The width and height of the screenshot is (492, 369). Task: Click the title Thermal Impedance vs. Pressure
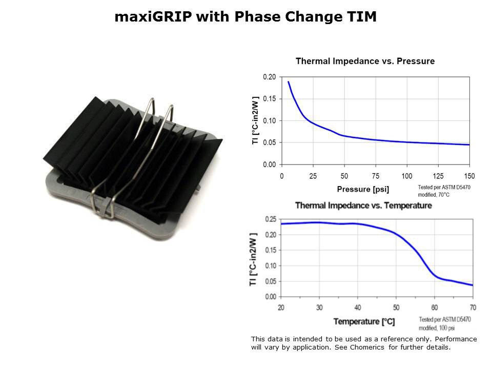[365, 61]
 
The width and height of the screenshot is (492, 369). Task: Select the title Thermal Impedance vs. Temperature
[363, 206]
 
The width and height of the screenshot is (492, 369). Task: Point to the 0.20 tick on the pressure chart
[270, 77]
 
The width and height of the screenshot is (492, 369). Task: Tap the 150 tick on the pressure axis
[469, 176]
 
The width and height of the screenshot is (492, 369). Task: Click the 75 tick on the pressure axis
[376, 176]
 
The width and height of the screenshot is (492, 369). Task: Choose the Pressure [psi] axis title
[363, 189]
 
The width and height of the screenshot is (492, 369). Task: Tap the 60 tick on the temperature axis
[435, 307]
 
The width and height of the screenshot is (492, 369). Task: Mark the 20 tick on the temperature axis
[281, 307]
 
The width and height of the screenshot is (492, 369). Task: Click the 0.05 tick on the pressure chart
[270, 142]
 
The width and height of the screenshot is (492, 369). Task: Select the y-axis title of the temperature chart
[254, 258]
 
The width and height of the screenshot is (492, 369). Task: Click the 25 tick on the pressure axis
[313, 176]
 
